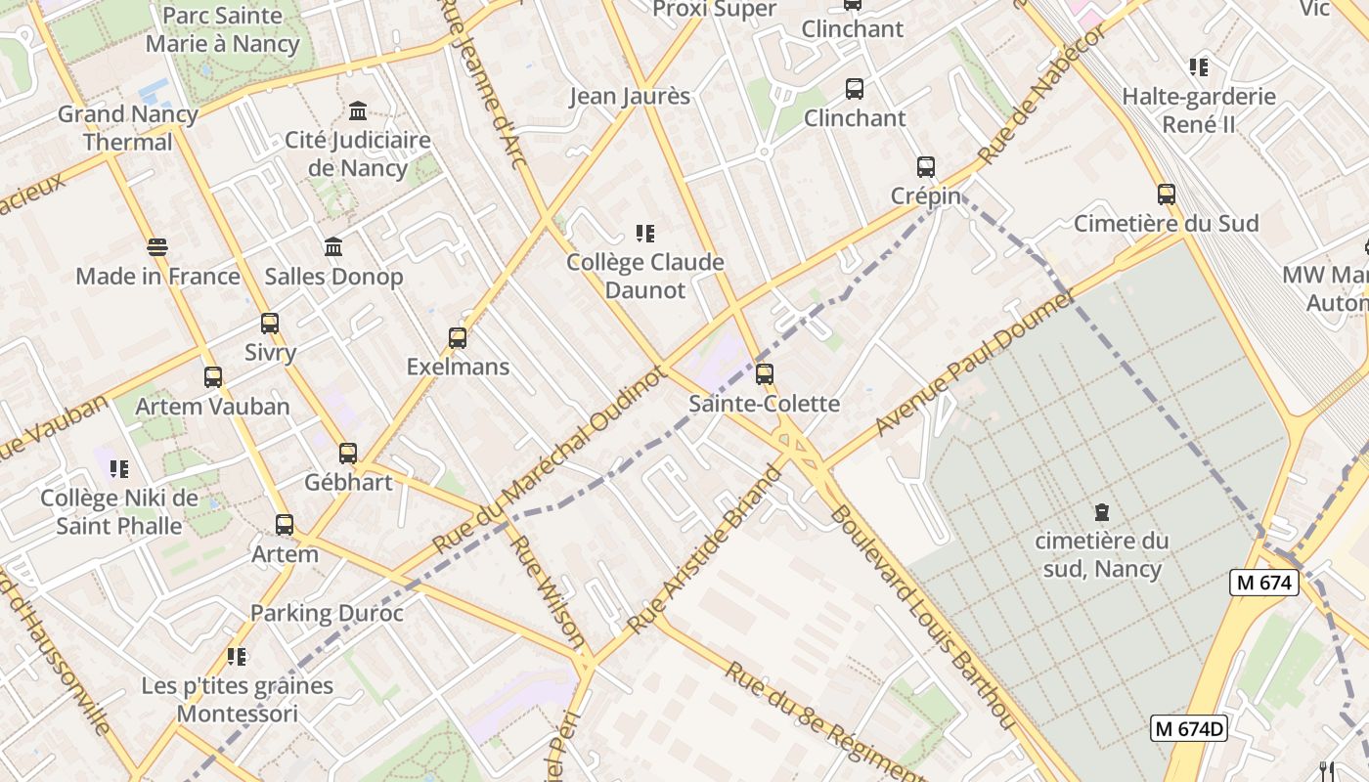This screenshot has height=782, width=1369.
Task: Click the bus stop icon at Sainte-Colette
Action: click(765, 373)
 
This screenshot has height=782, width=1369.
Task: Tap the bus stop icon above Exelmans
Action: click(458, 338)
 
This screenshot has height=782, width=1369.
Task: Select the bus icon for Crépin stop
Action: click(926, 167)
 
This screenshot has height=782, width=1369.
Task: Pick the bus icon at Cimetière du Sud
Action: click(1166, 194)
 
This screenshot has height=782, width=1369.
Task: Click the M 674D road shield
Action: click(1188, 728)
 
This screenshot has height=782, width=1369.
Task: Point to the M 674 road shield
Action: click(1263, 583)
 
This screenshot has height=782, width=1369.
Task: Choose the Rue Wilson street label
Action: click(548, 594)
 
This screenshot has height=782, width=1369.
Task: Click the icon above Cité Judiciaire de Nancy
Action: click(358, 110)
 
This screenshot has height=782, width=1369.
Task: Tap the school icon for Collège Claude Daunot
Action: click(644, 233)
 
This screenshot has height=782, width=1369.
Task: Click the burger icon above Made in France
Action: click(156, 246)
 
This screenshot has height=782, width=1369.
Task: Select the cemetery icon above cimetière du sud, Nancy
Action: click(1101, 511)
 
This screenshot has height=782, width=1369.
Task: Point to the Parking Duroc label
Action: click(327, 613)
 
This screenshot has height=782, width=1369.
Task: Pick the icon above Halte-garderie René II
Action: click(1199, 67)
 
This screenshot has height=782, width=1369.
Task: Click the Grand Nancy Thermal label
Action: click(127, 128)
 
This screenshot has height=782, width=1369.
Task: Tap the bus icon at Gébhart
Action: click(348, 453)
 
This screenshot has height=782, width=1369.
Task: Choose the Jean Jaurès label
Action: click(630, 96)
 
